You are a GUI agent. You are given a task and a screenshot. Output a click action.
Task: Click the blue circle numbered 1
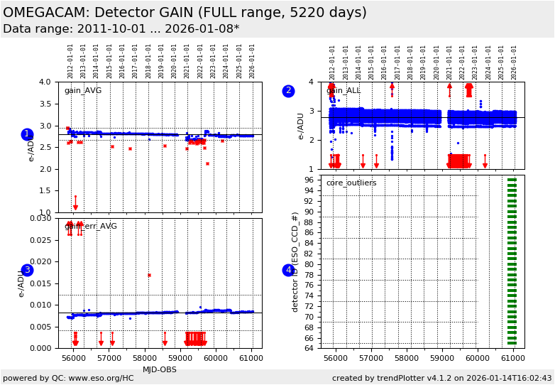pyautogui.click(x=27, y=134)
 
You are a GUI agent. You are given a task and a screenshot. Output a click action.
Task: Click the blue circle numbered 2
pyautogui.click(x=288, y=91)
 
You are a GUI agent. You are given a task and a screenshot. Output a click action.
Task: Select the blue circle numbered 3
pyautogui.click(x=27, y=270)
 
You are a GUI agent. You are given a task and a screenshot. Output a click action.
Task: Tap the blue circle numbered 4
pyautogui.click(x=288, y=270)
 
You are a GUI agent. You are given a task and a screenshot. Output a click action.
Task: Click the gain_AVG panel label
pyautogui.click(x=82, y=90)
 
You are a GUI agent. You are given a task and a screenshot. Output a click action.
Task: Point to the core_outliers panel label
pyautogui.click(x=351, y=183)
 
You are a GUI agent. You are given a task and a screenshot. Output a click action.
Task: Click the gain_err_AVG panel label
pyautogui.click(x=90, y=227)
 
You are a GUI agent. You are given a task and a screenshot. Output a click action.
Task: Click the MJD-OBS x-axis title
pyautogui.click(x=160, y=369)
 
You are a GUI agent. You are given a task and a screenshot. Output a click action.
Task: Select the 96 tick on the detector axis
pyautogui.click(x=309, y=180)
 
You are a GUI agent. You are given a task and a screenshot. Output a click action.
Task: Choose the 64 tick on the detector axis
pyautogui.click(x=309, y=348)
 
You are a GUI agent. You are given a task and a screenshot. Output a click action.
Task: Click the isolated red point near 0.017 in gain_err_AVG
pyautogui.click(x=149, y=275)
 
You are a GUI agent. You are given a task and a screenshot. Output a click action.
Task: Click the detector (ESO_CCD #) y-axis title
pyautogui.click(x=295, y=261)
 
